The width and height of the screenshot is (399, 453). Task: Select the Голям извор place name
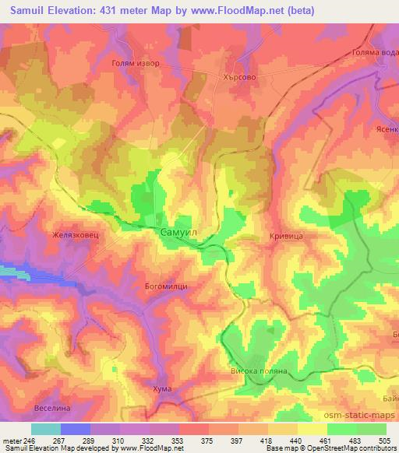pyautogui.click(x=137, y=65)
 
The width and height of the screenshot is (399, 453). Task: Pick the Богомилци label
pyautogui.click(x=166, y=286)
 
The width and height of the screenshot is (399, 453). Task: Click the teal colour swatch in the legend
pyautogui.click(x=45, y=429)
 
